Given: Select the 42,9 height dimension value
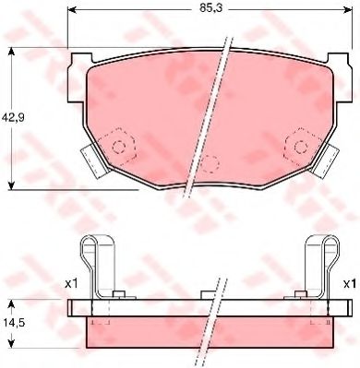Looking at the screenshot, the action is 12,117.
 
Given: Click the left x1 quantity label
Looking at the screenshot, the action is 71,284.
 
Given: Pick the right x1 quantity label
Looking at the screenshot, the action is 349,284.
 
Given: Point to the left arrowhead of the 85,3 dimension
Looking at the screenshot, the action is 71,10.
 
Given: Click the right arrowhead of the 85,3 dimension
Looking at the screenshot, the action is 348,10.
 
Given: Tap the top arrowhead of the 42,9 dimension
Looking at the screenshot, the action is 11,52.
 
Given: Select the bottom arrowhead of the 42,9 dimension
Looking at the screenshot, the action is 11,185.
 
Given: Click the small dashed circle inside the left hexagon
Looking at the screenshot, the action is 119,147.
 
